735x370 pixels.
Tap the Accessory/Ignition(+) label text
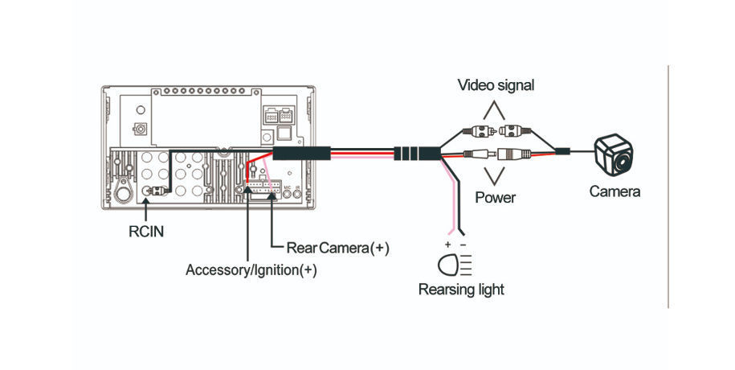[x=251, y=270]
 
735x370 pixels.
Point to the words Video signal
[x=496, y=84]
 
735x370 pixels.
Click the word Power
[x=495, y=197]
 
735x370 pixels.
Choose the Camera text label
[x=615, y=191]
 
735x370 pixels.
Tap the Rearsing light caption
[x=461, y=290]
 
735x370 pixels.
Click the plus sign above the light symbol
[x=447, y=242]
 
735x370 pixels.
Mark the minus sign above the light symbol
[x=463, y=242]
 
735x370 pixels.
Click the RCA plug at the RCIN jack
[x=160, y=191]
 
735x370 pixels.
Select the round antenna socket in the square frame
[x=141, y=129]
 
